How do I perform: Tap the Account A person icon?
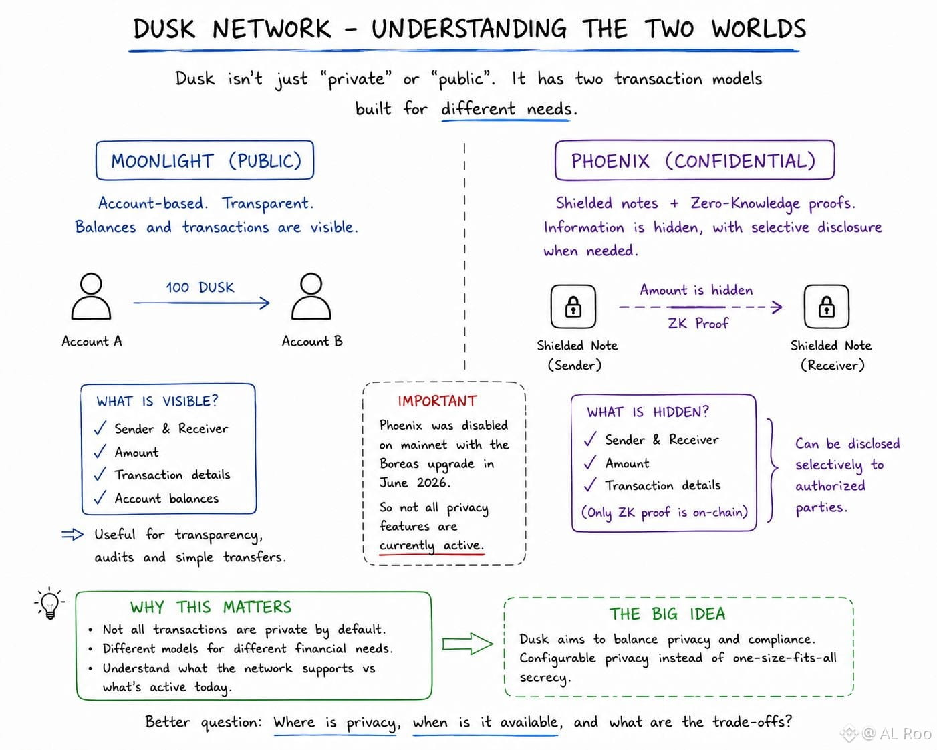[91, 296]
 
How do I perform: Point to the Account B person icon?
[311, 296]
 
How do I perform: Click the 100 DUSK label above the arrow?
[200, 287]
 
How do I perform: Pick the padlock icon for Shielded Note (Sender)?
[573, 306]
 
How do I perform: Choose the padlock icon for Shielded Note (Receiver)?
[827, 306]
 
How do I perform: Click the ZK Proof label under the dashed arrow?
[698, 323]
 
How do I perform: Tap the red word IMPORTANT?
[437, 401]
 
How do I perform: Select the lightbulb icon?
[49, 603]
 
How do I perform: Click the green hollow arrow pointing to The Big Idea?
[468, 644]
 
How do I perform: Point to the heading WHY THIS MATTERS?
[211, 607]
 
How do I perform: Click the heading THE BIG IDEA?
[667, 614]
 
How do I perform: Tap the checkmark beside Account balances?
[100, 497]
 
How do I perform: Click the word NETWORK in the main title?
[272, 29]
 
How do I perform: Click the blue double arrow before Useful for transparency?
[72, 534]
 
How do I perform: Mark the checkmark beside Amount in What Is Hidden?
[590, 462]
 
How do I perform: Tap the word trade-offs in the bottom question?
[751, 722]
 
